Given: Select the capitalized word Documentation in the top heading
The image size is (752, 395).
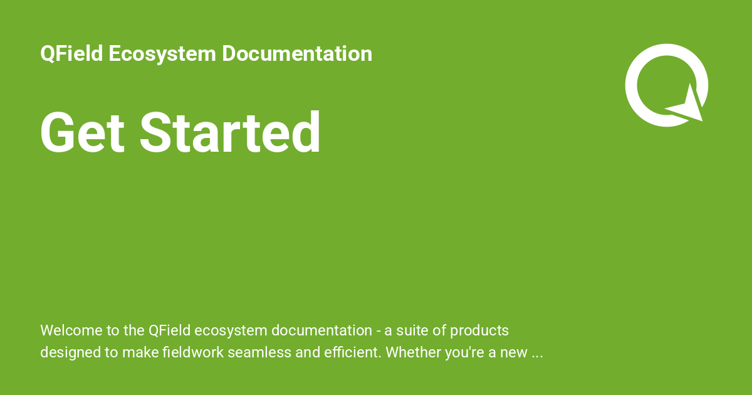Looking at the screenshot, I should (297, 54).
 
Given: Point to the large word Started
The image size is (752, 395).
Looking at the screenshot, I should (230, 133).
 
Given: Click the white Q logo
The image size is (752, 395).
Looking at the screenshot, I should (666, 84).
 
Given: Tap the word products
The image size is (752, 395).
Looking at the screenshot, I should (479, 330).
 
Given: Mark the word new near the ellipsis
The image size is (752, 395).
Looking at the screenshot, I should (513, 352).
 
